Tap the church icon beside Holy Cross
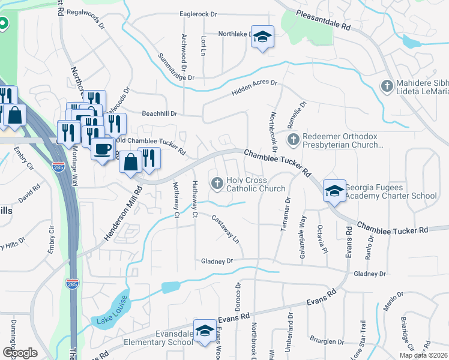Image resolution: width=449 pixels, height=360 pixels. [217, 182]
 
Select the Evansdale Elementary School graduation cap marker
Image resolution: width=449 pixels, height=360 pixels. [205, 332]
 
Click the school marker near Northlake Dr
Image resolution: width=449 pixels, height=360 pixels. [262, 37]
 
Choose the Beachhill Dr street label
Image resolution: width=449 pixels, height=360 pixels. [160, 113]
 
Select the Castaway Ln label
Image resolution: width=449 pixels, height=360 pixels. [226, 229]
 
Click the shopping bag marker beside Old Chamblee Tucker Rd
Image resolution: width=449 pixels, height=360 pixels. [130, 162]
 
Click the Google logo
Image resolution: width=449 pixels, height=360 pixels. [20, 352]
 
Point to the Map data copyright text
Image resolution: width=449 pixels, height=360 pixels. [423, 355]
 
